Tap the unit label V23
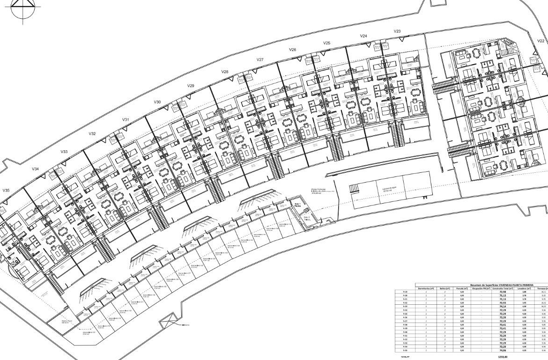pyautogui.click(x=397, y=31)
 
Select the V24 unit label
pyautogui.click(x=363, y=36)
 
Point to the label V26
pyautogui.click(x=292, y=50)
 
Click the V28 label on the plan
pyautogui.click(x=225, y=72)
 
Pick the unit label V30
pyautogui.click(x=157, y=102)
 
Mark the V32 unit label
pyautogui.click(x=92, y=134)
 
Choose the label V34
pyautogui.click(x=35, y=169)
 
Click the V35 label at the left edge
pyautogui.click(x=6, y=191)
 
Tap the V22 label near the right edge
pyautogui.click(x=541, y=41)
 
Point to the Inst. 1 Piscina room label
pyautogui.click(x=297, y=205)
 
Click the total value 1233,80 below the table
pyautogui.click(x=503, y=357)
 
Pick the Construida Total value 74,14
pyautogui.click(x=503, y=307)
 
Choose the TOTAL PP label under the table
pyautogui.click(x=399, y=357)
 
